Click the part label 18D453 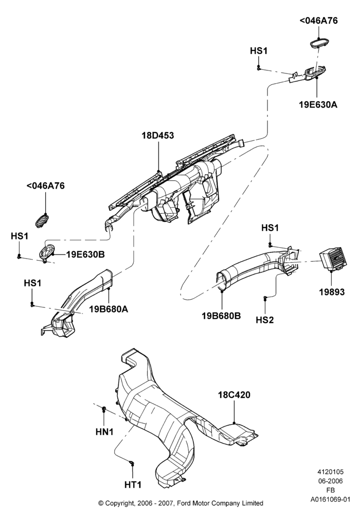(158, 135)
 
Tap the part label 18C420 (234, 395)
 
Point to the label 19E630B (85, 254)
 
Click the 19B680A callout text (109, 309)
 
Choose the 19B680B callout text (221, 316)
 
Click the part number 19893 (332, 292)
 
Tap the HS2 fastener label (264, 320)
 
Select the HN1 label (104, 432)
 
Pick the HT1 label (133, 484)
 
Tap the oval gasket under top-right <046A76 (319, 43)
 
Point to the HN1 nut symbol (104, 408)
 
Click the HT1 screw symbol (132, 463)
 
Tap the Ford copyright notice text (181, 503)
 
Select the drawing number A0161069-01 (331, 500)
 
